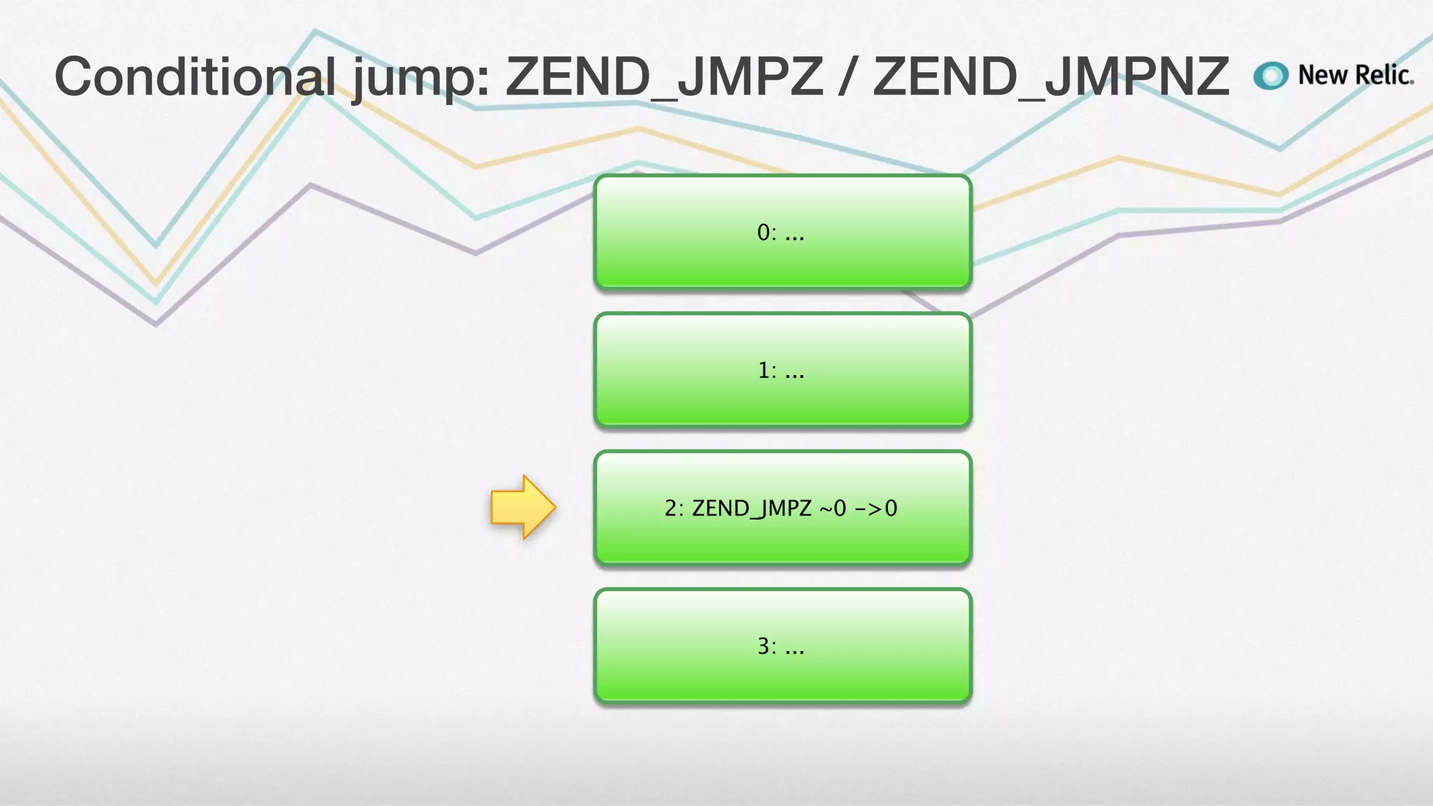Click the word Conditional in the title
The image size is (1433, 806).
point(195,76)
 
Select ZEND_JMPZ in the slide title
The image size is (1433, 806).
point(664,76)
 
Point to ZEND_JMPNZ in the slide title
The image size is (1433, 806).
point(1050,76)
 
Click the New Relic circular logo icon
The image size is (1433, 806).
point(1271,76)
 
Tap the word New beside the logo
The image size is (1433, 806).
point(1323,75)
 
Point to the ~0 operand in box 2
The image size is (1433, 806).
point(833,509)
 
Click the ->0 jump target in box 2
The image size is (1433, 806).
point(876,509)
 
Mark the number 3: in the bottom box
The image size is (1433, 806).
point(767,646)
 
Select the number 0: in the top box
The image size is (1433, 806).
point(767,232)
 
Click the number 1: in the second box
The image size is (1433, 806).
point(767,370)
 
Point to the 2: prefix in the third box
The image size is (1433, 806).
point(674,509)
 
